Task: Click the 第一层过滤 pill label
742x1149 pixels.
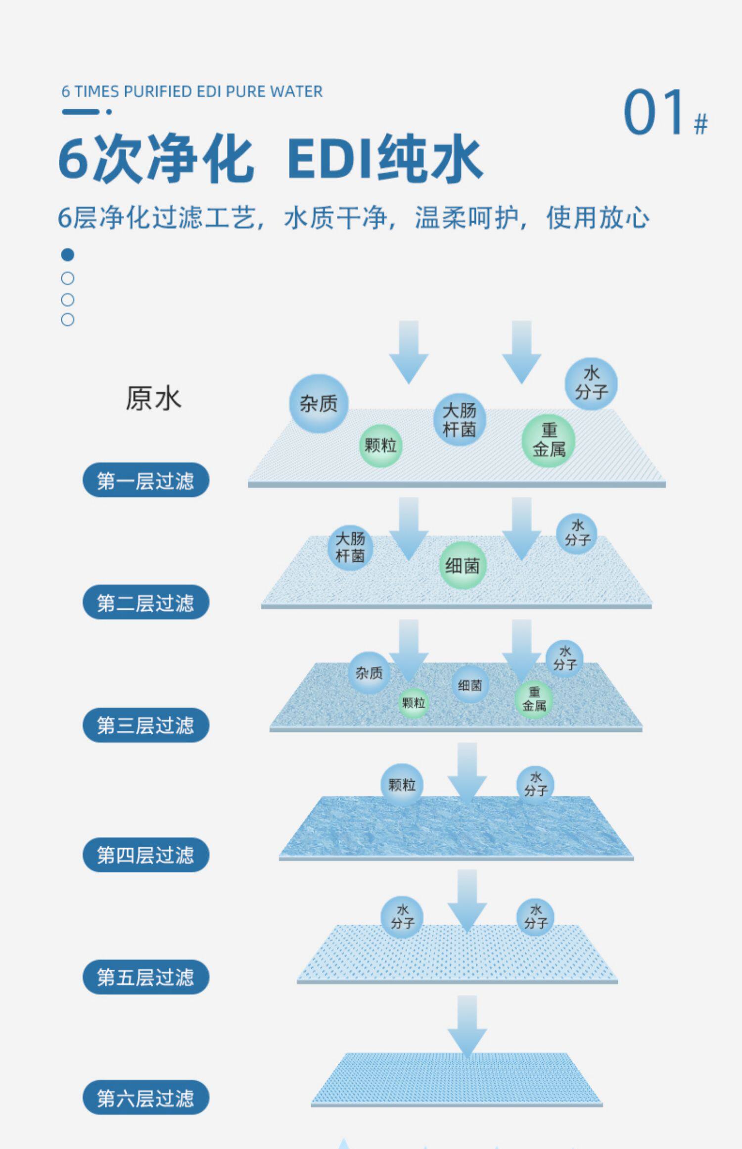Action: [145, 480]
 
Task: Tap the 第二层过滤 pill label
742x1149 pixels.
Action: [145, 602]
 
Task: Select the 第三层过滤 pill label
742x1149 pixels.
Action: [145, 725]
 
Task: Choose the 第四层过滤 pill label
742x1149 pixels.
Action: [145, 855]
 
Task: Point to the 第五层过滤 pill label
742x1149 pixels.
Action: [145, 977]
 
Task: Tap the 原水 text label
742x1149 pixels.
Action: [153, 399]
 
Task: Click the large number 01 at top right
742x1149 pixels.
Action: [654, 112]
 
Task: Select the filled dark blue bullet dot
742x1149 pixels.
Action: [68, 255]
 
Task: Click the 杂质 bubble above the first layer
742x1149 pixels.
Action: [319, 404]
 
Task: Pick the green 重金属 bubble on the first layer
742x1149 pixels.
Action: [549, 440]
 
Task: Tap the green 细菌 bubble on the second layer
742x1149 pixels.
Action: [463, 566]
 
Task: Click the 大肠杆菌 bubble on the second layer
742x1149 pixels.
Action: [350, 547]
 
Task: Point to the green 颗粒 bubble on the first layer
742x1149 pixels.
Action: [380, 446]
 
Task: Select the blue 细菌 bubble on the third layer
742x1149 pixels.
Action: [470, 685]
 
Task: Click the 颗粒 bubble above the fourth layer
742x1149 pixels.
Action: [402, 785]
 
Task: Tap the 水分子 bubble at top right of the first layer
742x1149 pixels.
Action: [591, 383]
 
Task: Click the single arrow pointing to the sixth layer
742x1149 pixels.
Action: [467, 1026]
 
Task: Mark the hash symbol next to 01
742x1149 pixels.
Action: [700, 124]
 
